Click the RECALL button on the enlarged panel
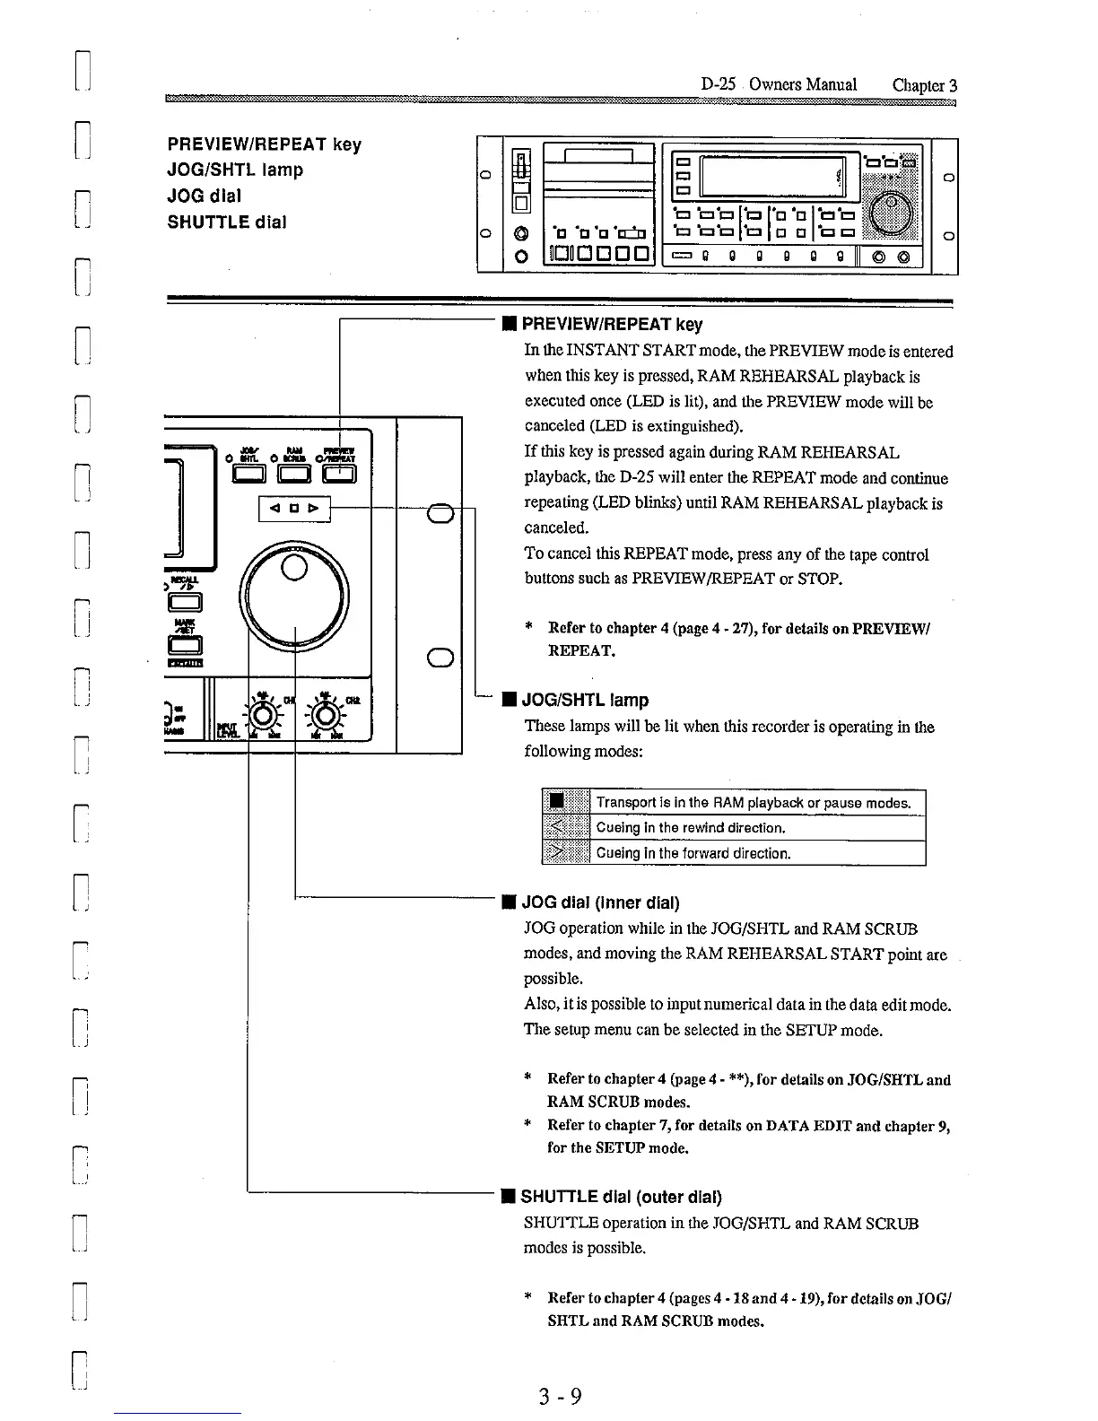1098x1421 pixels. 192,602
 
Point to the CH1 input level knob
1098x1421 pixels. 264,715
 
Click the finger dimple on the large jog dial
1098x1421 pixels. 293,567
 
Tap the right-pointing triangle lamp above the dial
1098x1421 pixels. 313,509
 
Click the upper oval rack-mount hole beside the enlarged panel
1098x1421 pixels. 439,513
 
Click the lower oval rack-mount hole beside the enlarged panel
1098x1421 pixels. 439,658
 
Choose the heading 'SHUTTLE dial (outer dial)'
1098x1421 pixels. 621,1197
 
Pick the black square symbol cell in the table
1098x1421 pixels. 557,801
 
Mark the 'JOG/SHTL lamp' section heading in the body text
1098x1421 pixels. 585,700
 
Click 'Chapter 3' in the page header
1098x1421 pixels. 925,85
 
